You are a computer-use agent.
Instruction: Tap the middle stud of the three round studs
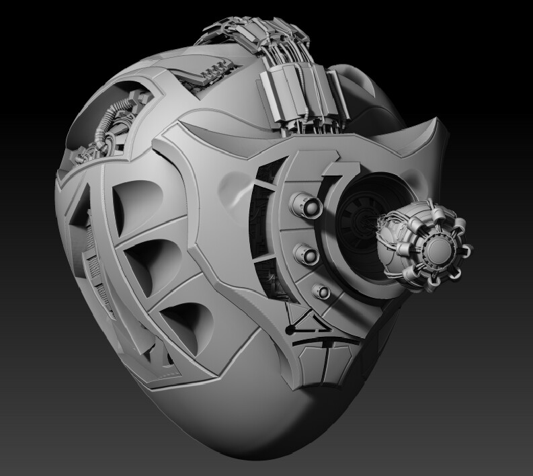coord(306,253)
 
